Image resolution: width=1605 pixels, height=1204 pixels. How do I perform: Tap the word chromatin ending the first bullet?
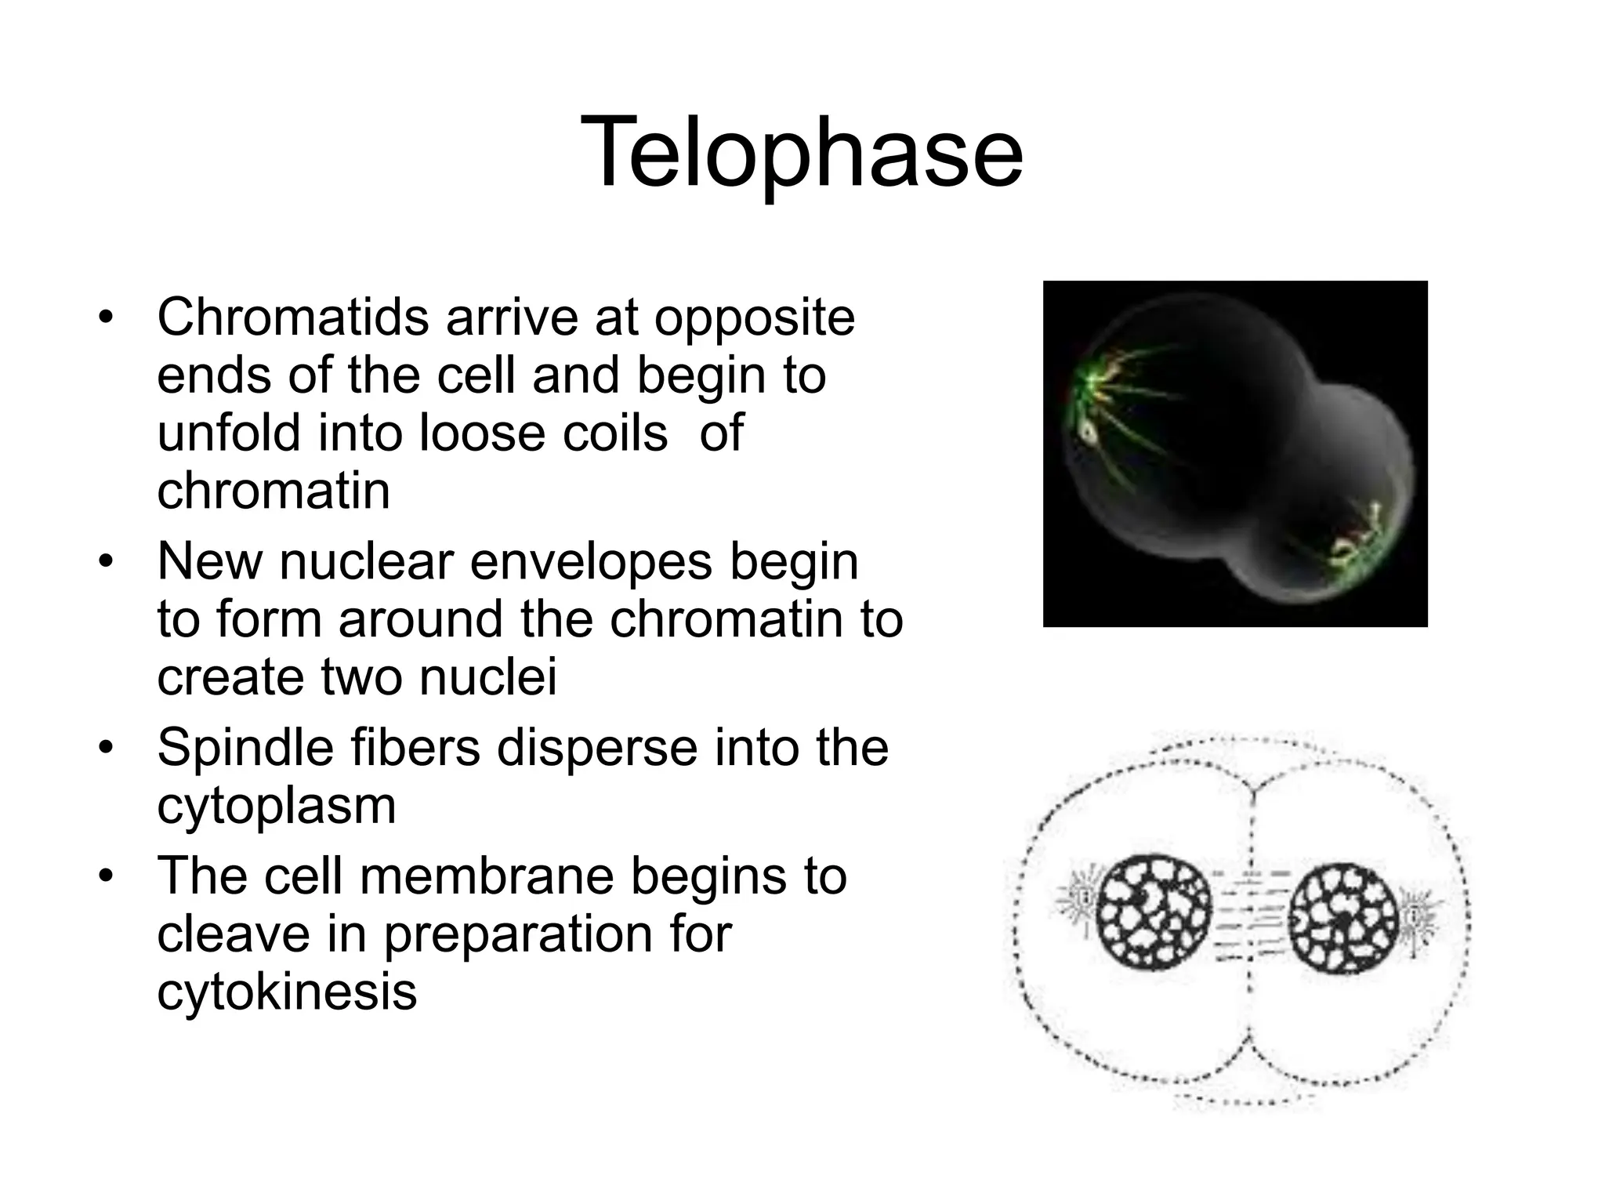click(x=273, y=491)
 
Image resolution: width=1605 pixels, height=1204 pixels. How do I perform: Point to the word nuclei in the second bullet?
click(x=487, y=677)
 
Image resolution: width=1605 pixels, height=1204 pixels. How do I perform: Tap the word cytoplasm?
click(x=276, y=806)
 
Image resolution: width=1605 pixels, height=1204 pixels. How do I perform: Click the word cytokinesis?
click(x=286, y=992)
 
